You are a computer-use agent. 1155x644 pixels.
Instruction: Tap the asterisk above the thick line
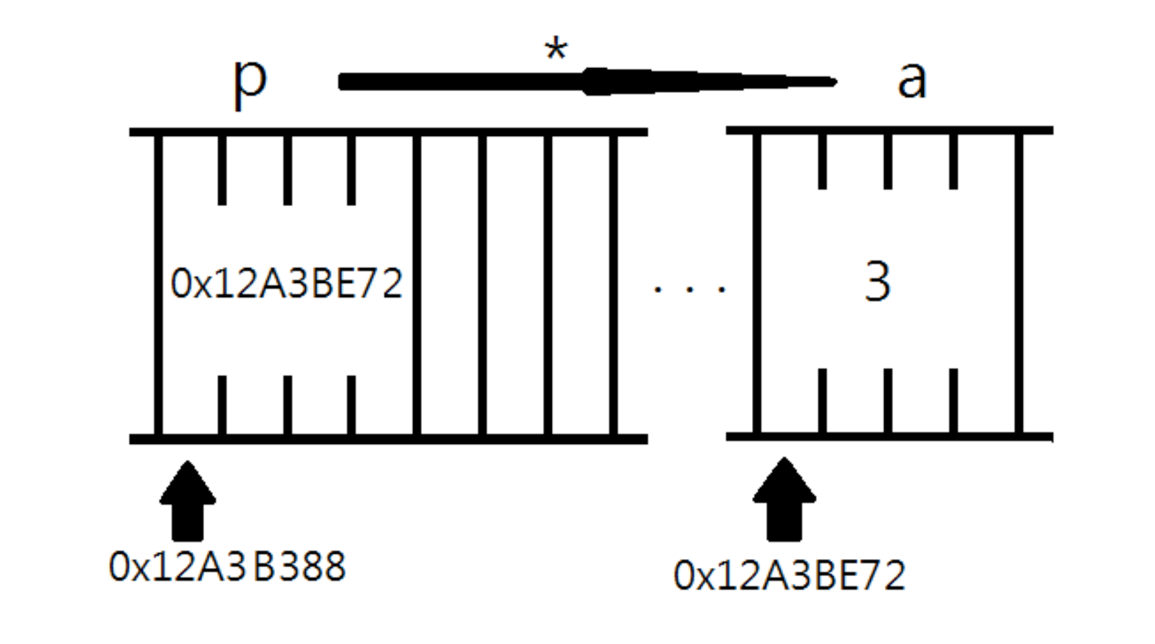pyautogui.click(x=555, y=50)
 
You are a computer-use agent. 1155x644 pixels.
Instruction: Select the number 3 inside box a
pyautogui.click(x=877, y=282)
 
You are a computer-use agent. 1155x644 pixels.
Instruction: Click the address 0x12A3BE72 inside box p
pyautogui.click(x=286, y=284)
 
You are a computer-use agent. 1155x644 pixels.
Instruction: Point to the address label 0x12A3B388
pyautogui.click(x=227, y=567)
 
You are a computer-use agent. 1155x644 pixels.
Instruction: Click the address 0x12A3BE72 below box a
pyautogui.click(x=789, y=577)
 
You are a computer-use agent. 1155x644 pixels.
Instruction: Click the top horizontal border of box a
pyautogui.click(x=889, y=130)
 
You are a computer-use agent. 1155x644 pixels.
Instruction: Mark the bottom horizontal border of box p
pyautogui.click(x=388, y=439)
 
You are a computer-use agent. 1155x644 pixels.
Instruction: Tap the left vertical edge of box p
pyautogui.click(x=158, y=283)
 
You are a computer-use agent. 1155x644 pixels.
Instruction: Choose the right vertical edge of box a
pyautogui.click(x=1018, y=283)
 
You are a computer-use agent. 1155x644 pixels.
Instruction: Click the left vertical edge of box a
pyautogui.click(x=757, y=283)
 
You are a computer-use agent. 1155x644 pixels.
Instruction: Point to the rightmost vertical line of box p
pyautogui.click(x=613, y=283)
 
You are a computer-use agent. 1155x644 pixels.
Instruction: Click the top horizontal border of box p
pyautogui.click(x=388, y=132)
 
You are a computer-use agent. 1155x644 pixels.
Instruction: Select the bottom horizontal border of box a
pyautogui.click(x=889, y=437)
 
